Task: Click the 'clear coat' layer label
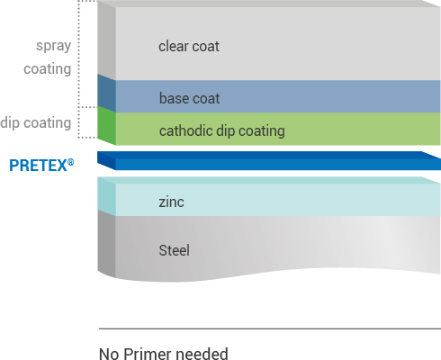pyautogui.click(x=189, y=47)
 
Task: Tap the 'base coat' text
pyautogui.click(x=189, y=98)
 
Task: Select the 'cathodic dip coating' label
pyautogui.click(x=222, y=131)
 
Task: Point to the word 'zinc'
pyautogui.click(x=171, y=202)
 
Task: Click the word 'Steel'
pyautogui.click(x=174, y=250)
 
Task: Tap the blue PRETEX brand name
pyautogui.click(x=38, y=166)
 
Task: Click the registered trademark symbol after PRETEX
pyautogui.click(x=70, y=162)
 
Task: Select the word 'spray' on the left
pyautogui.click(x=53, y=46)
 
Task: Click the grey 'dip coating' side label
pyautogui.click(x=36, y=123)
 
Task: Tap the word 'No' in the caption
pyautogui.click(x=109, y=354)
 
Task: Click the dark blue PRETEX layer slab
pyautogui.click(x=269, y=161)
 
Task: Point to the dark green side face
pyautogui.click(x=106, y=126)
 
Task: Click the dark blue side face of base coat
pyautogui.click(x=106, y=94)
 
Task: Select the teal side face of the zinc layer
pyautogui.click(x=106, y=196)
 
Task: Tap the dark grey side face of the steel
pyautogui.click(x=106, y=243)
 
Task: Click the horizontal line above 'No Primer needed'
pyautogui.click(x=270, y=328)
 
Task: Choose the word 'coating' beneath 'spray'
pyautogui.click(x=48, y=69)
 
